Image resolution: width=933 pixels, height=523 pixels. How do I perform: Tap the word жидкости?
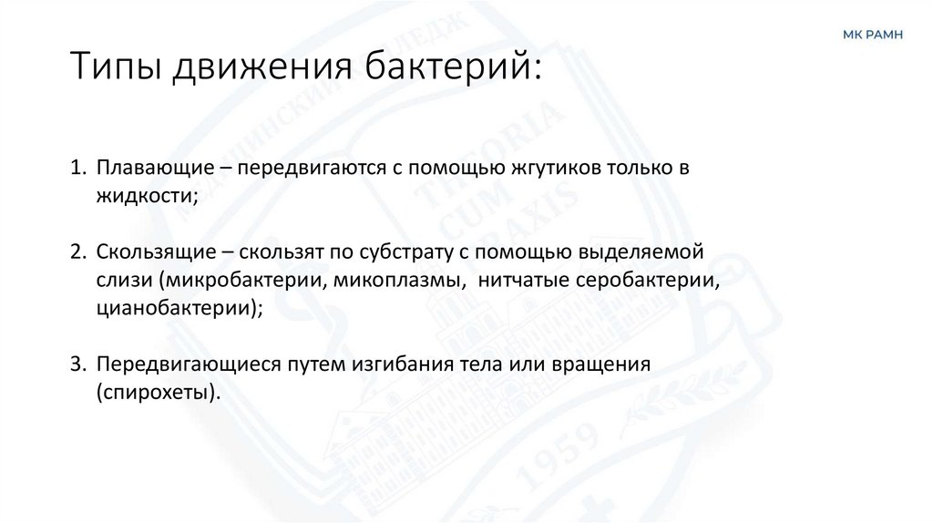click(144, 196)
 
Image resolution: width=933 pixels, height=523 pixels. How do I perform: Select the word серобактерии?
click(649, 279)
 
